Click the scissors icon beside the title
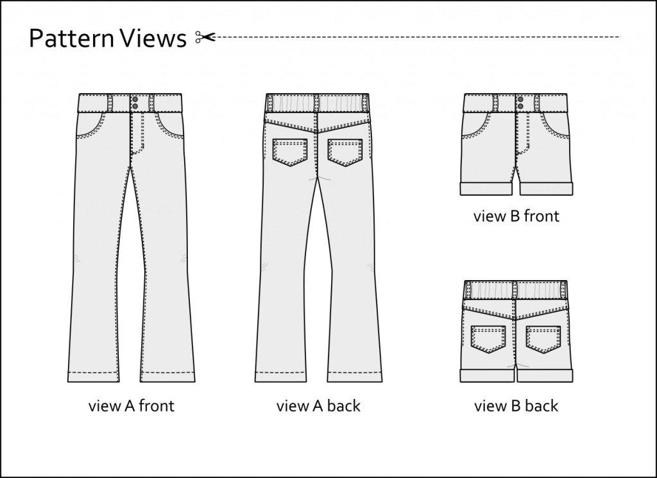click(x=205, y=37)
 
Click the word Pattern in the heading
click(x=71, y=38)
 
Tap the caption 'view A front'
click(x=131, y=406)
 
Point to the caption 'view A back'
click(x=318, y=406)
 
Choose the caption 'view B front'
click(x=516, y=216)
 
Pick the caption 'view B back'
click(x=516, y=406)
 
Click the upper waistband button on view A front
click(x=135, y=100)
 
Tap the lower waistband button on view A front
click(x=135, y=107)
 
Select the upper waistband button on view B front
click(x=520, y=100)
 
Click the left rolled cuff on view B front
click(x=487, y=189)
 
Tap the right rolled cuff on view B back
click(x=545, y=376)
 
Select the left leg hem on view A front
click(x=94, y=376)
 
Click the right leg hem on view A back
click(x=354, y=376)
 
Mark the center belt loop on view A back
click(x=317, y=103)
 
